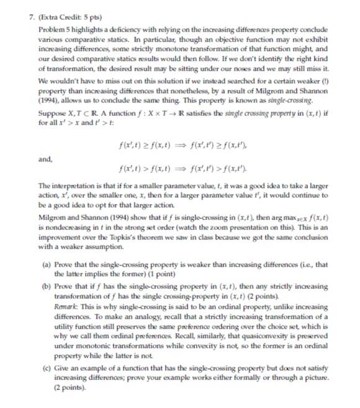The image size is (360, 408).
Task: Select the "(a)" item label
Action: coord(47,265)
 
